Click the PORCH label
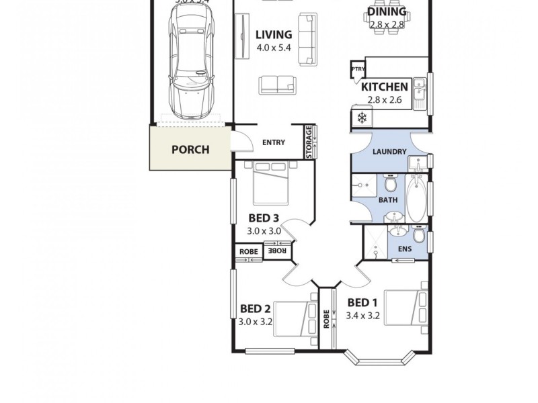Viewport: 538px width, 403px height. tap(190, 149)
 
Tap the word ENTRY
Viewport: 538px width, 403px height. tap(274, 142)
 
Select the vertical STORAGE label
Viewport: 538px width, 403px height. tap(309, 142)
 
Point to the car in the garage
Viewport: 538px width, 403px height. tap(192, 67)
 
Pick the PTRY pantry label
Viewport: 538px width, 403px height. tap(357, 69)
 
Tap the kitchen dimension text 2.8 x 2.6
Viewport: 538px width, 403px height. tap(384, 100)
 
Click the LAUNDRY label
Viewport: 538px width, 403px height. tap(389, 152)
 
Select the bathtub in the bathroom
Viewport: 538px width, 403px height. tap(416, 199)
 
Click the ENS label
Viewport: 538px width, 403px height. tap(405, 249)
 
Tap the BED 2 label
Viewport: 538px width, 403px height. tap(255, 309)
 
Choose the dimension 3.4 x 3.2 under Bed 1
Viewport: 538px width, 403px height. tap(362, 315)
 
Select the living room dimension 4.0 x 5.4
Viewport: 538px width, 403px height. tap(274, 48)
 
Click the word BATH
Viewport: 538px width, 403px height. tap(387, 200)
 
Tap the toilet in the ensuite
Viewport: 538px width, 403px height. tap(418, 236)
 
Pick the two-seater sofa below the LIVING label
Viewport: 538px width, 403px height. tap(276, 84)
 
